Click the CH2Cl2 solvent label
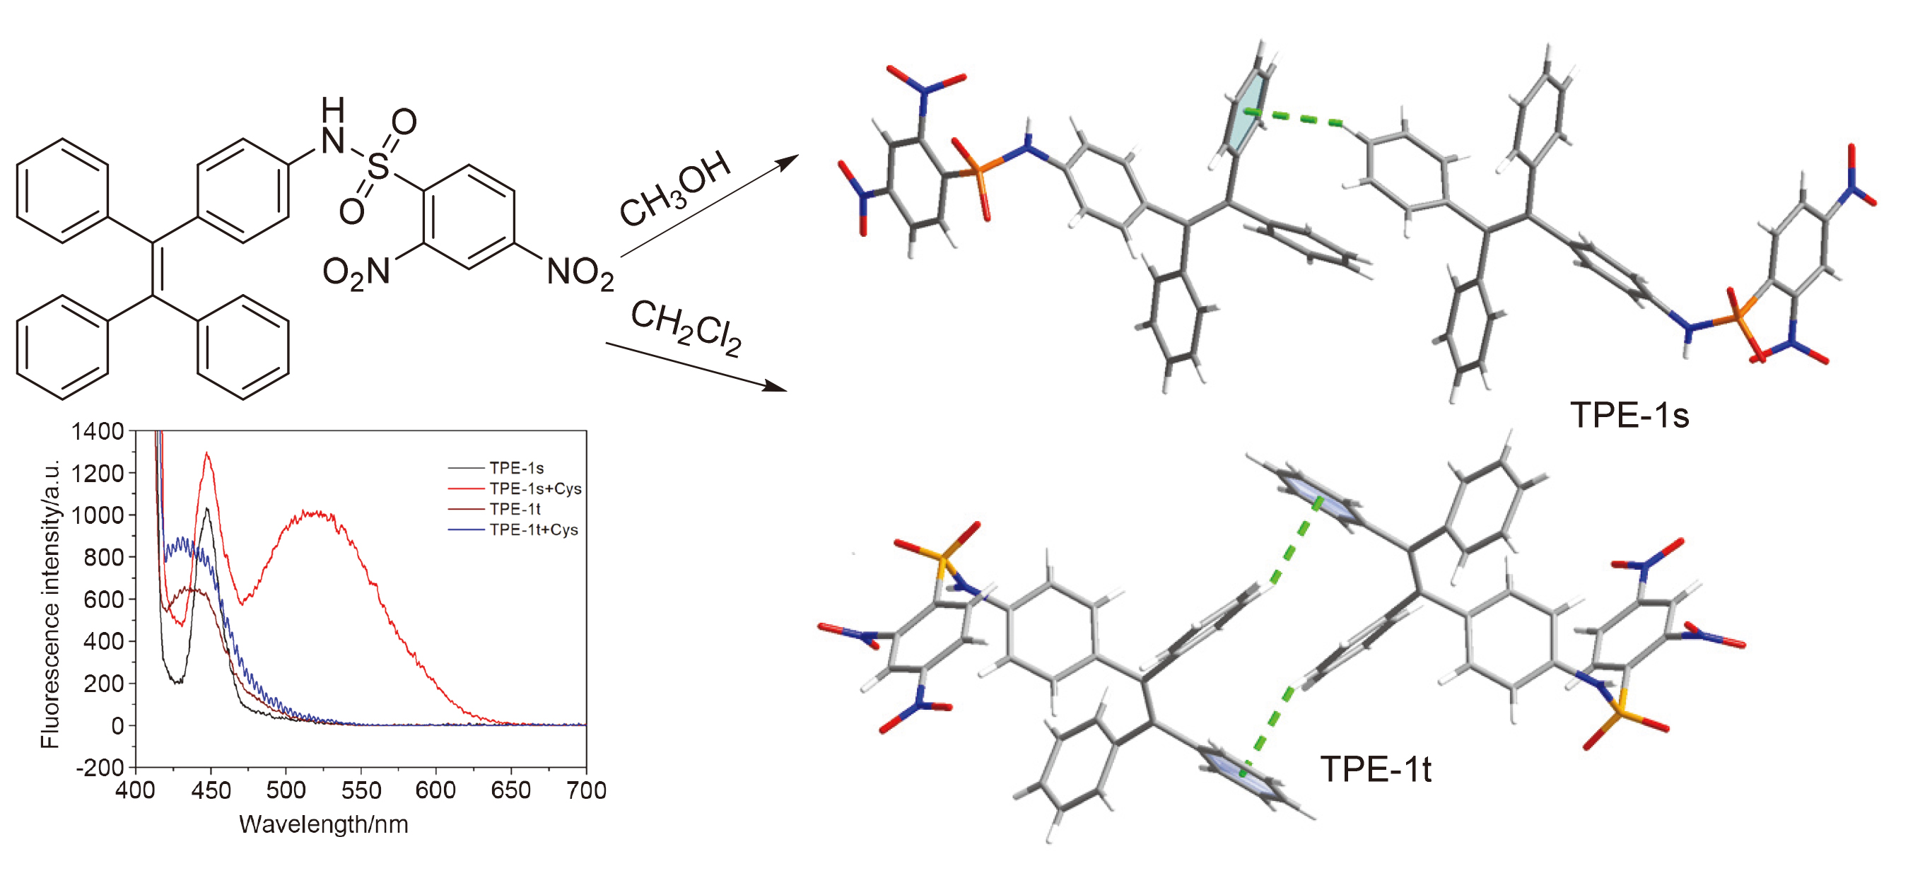pyautogui.click(x=686, y=327)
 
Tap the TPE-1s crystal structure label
pyautogui.click(x=1629, y=415)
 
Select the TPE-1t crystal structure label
pyautogui.click(x=1376, y=769)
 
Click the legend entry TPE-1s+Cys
pyautogui.click(x=534, y=488)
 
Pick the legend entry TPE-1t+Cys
pyautogui.click(x=533, y=529)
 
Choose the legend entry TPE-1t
pyautogui.click(x=515, y=509)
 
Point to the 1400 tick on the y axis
pyautogui.click(x=98, y=431)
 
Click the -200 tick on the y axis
pyautogui.click(x=100, y=768)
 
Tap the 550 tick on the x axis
pyautogui.click(x=361, y=790)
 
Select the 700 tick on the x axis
pyautogui.click(x=586, y=790)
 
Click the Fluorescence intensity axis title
pyautogui.click(x=50, y=604)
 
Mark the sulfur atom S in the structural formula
pyautogui.click(x=378, y=167)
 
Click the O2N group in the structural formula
pyautogui.click(x=356, y=273)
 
